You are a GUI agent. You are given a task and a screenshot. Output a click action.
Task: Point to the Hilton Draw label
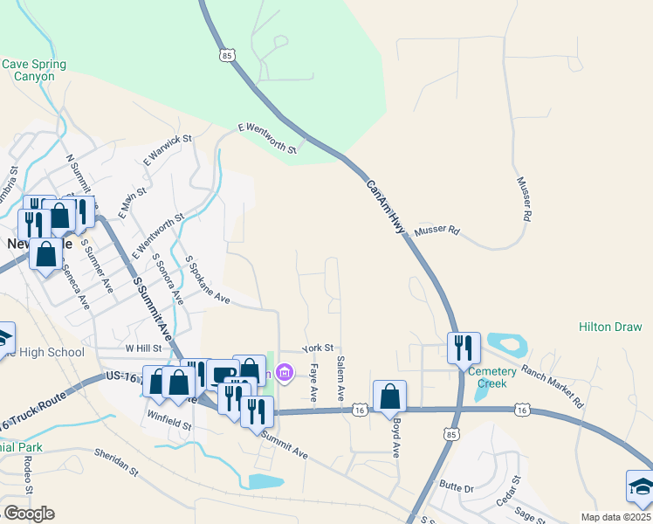610,327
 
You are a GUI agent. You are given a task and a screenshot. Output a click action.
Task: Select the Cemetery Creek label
492,377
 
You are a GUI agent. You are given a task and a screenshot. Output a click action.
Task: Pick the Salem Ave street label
340,383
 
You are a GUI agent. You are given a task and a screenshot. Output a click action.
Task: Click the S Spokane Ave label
207,280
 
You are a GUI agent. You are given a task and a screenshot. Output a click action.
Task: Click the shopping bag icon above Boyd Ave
389,396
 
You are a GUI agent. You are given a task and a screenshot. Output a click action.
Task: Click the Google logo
29,513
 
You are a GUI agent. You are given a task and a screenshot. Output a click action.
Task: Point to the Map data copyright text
615,517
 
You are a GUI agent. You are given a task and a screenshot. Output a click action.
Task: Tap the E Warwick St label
167,150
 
